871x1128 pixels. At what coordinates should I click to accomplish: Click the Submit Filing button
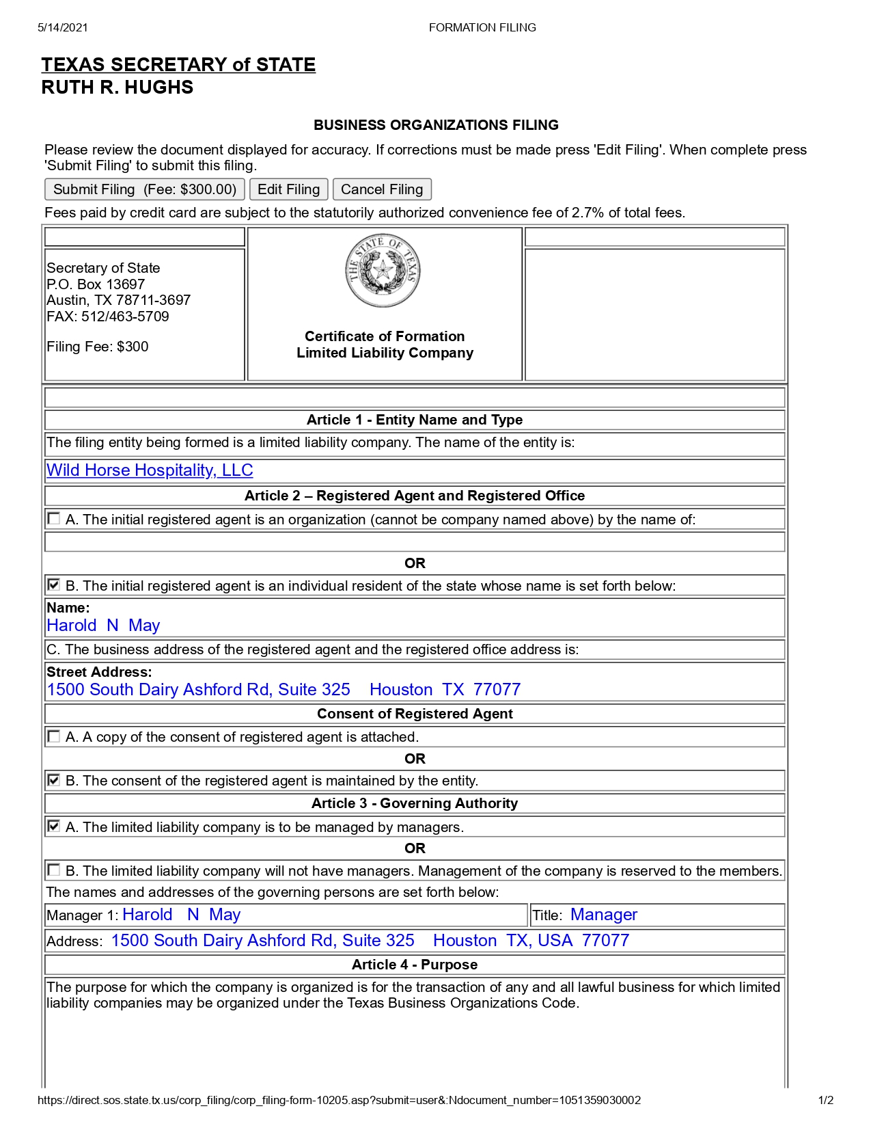[x=144, y=189]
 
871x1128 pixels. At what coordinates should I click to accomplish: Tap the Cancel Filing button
[x=381, y=189]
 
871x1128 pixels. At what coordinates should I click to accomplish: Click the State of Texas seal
[x=383, y=271]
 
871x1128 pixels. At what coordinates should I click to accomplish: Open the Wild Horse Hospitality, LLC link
[x=150, y=470]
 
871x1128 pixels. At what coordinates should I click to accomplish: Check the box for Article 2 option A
[x=53, y=519]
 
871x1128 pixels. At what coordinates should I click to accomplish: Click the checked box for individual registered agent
[x=53, y=585]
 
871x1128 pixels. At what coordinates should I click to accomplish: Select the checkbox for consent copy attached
[x=53, y=736]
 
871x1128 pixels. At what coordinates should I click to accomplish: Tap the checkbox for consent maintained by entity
[x=53, y=780]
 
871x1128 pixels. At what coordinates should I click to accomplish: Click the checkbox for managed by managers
[x=53, y=827]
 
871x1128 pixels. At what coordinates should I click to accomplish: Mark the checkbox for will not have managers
[x=53, y=870]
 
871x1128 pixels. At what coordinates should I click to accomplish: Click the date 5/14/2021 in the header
[x=63, y=27]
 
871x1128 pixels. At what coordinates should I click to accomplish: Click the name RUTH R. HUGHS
[x=117, y=88]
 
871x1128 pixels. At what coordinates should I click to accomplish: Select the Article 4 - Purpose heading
[x=415, y=965]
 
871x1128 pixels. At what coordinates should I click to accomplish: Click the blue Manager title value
[x=603, y=915]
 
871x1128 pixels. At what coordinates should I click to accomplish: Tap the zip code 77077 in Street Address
[x=497, y=689]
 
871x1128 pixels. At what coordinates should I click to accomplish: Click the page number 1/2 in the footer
[x=825, y=1100]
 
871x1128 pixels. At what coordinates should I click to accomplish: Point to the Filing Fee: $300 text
[x=98, y=347]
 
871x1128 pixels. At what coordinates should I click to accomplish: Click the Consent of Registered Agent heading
[x=415, y=714]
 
